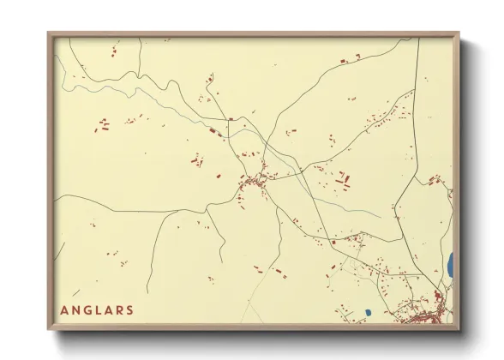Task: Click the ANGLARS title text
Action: pyautogui.click(x=98, y=309)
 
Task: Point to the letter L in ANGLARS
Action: pyautogui.click(x=99, y=309)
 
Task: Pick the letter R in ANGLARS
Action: pyautogui.click(x=119, y=309)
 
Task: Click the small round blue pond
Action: pyautogui.click(x=367, y=312)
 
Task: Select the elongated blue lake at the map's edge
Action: pyautogui.click(x=449, y=265)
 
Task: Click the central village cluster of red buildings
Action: pyautogui.click(x=255, y=181)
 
